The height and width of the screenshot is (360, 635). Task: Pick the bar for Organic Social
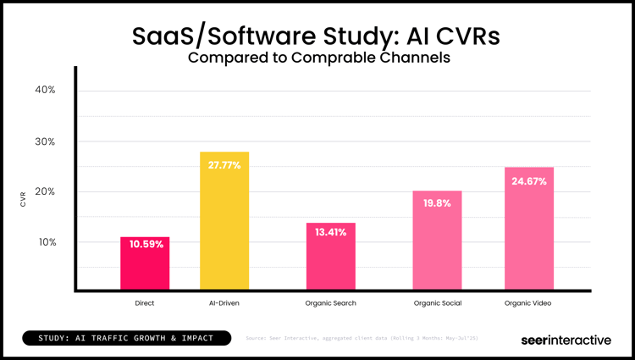437,241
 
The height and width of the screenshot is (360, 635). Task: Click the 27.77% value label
224,165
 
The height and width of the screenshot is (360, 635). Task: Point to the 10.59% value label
145,245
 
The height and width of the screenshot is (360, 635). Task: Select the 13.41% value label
331,232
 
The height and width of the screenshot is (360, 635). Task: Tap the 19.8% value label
437,203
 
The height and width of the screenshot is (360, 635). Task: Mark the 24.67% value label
529,181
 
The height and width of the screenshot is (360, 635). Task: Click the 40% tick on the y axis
45,90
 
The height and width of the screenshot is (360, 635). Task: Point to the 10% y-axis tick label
45,242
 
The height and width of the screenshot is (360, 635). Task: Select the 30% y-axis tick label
45,141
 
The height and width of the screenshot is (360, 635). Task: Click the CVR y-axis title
23,200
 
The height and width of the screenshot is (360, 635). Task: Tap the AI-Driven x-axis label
224,303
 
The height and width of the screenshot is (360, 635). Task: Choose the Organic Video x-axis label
529,303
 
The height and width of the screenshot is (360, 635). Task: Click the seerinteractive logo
565,340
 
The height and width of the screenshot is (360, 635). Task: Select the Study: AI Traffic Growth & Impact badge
129,339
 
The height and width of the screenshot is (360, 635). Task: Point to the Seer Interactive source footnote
362,339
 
